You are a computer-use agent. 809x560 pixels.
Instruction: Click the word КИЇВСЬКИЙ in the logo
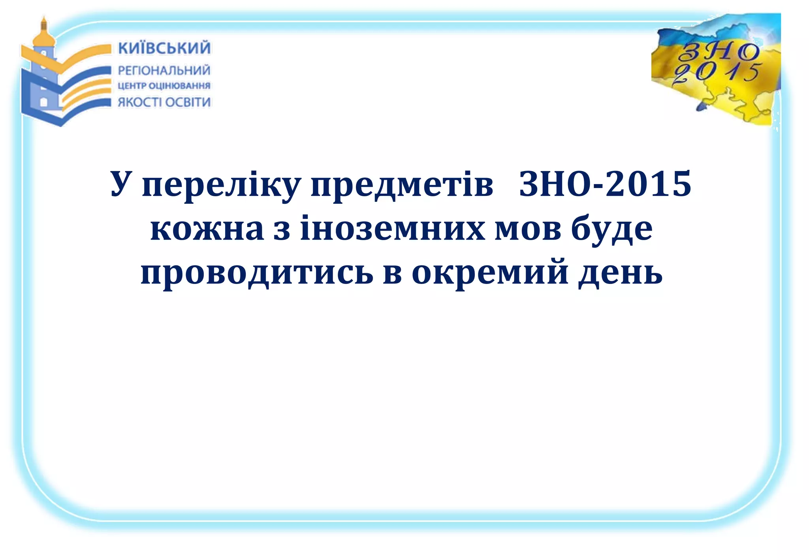164,48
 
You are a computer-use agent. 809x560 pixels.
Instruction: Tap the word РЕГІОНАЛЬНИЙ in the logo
164,71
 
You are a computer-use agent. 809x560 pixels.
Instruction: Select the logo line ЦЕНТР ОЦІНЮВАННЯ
164,86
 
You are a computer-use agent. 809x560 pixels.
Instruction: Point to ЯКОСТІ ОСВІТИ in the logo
164,102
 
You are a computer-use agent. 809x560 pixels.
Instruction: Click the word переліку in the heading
222,185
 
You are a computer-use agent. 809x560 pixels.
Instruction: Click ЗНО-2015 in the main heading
605,184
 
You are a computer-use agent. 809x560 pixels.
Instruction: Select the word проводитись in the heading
257,273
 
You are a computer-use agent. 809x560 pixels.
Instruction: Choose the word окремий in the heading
490,273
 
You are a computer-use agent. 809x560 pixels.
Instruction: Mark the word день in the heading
621,273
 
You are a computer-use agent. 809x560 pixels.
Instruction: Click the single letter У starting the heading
121,184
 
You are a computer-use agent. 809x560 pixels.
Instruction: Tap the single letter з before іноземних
282,229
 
